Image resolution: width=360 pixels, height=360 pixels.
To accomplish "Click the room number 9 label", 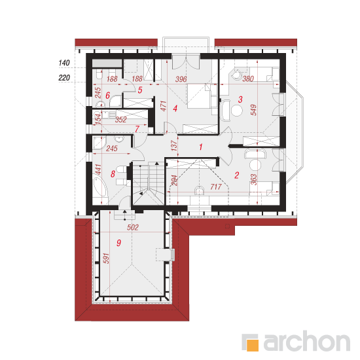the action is (x=118, y=243).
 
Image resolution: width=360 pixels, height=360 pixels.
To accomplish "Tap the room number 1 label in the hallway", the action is (x=201, y=147).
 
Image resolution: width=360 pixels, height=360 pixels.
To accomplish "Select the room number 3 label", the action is (x=240, y=99).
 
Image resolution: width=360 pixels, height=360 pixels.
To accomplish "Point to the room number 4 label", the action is (x=175, y=108).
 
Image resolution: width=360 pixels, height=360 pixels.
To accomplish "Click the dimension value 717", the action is (x=216, y=187).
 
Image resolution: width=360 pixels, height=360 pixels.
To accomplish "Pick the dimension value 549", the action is (x=253, y=110).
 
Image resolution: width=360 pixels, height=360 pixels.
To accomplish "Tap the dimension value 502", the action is (x=133, y=227).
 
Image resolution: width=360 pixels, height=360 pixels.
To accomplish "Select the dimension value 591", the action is (x=106, y=259).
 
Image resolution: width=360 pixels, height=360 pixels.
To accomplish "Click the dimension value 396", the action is (x=181, y=79).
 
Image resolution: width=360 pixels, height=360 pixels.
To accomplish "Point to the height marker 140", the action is (x=64, y=63).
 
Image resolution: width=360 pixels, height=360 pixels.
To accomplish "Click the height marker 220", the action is (x=64, y=78).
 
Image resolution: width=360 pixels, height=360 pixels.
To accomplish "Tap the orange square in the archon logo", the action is (x=252, y=345).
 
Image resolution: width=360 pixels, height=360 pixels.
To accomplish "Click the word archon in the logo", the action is (x=307, y=341).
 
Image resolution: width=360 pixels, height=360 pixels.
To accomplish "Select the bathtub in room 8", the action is (x=100, y=185).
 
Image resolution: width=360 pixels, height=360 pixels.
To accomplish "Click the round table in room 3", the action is (x=237, y=111).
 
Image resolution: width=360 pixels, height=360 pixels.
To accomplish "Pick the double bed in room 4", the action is (x=202, y=96).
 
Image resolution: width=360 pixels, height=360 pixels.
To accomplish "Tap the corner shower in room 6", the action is (x=115, y=101).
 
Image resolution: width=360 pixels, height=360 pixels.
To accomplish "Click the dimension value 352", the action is (x=121, y=120).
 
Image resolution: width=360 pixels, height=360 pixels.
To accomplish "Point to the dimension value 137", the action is (x=175, y=145).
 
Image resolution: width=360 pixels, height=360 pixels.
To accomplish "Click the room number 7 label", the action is (x=137, y=129).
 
